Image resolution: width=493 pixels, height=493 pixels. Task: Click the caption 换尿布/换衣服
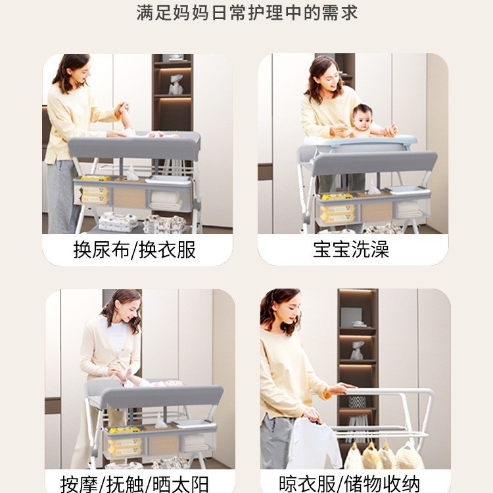pyautogui.click(x=134, y=250)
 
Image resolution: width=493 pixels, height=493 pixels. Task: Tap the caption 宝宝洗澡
pyautogui.click(x=351, y=250)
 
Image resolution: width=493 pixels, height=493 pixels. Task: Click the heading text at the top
pyautogui.click(x=247, y=12)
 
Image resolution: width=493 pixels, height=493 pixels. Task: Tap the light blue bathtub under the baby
pyautogui.click(x=360, y=141)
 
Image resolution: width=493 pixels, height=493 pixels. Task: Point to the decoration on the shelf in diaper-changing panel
pyautogui.click(x=176, y=85)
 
